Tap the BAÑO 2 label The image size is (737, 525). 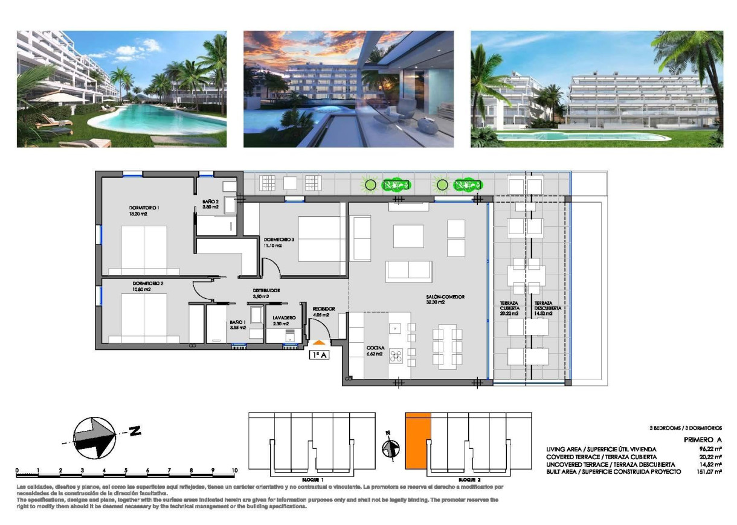[x=211, y=202]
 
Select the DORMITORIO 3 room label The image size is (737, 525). [x=278, y=239]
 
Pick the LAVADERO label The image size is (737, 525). [x=283, y=317]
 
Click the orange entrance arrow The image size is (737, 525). [x=319, y=343]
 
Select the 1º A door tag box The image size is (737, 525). [x=319, y=355]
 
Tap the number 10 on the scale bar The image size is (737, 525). [x=234, y=470]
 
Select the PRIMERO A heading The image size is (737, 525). [x=703, y=441]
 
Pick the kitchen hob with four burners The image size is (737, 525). [x=396, y=355]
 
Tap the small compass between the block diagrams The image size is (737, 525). [x=390, y=448]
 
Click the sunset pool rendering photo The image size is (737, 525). [x=349, y=89]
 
